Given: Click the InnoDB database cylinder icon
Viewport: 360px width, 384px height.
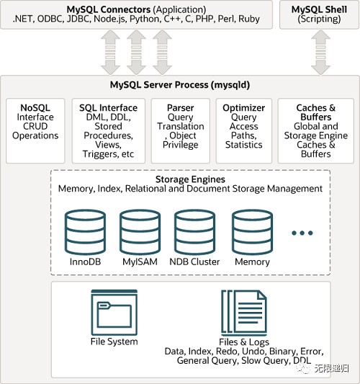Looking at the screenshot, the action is pyautogui.click(x=85, y=232).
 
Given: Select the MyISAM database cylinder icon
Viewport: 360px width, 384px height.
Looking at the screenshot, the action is pyautogui.click(x=140, y=232).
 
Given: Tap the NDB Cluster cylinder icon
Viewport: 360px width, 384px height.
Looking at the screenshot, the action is pyautogui.click(x=195, y=232).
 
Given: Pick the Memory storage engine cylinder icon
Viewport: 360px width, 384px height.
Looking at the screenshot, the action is pyautogui.click(x=252, y=232).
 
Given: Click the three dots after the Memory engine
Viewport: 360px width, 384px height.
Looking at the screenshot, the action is pyautogui.click(x=302, y=233).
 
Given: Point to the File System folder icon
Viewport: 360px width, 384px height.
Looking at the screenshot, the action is pyautogui.click(x=114, y=313).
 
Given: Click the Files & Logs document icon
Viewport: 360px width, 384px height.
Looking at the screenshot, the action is pyautogui.click(x=244, y=313).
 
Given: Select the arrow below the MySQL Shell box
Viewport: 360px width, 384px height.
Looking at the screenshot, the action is pyautogui.click(x=320, y=52).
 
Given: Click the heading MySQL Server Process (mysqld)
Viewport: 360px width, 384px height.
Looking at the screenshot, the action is pyautogui.click(x=180, y=85).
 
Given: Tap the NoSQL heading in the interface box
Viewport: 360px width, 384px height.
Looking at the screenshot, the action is pyautogui.click(x=35, y=108).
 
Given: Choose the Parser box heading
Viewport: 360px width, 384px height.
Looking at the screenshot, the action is pyautogui.click(x=181, y=108).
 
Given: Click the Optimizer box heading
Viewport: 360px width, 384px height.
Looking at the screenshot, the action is pyautogui.click(x=244, y=108).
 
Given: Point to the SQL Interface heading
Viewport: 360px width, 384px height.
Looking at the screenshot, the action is pyautogui.click(x=108, y=108).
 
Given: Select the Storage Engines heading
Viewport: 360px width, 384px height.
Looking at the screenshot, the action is pyautogui.click(x=190, y=179).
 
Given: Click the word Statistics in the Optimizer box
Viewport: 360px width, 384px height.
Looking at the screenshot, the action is pyautogui.click(x=244, y=145).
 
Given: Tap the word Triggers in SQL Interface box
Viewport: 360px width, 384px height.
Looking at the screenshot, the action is pyautogui.click(x=97, y=154).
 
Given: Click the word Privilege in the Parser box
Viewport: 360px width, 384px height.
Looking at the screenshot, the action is pyautogui.click(x=181, y=145).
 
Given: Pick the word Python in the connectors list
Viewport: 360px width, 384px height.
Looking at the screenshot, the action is pyautogui.click(x=145, y=19).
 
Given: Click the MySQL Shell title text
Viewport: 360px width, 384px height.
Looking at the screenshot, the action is pyautogui.click(x=319, y=9).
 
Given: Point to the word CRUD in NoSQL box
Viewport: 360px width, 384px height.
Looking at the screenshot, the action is pyautogui.click(x=35, y=126).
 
